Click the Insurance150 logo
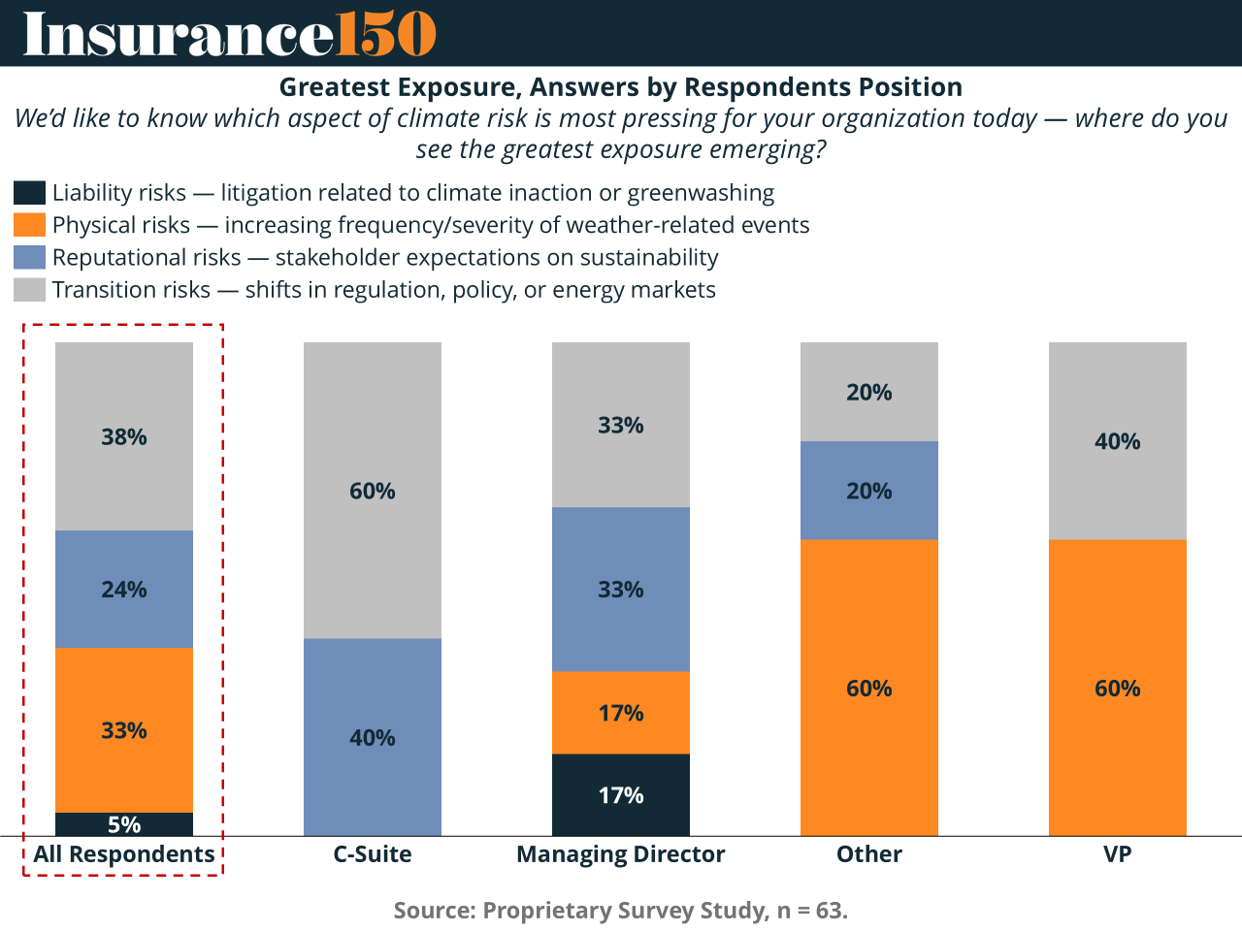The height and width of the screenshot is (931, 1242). [x=229, y=34]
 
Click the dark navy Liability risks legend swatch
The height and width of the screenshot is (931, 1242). [x=29, y=193]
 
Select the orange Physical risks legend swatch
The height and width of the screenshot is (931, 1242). [x=29, y=225]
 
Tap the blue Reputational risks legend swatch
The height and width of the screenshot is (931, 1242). [x=29, y=257]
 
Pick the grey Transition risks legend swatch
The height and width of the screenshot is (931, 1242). [x=29, y=289]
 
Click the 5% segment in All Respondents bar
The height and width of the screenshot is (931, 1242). [x=124, y=824]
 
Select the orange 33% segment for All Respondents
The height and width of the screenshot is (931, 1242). [x=124, y=729]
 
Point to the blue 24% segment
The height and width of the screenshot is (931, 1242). [x=124, y=589]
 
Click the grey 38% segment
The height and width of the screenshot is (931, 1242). [x=124, y=436]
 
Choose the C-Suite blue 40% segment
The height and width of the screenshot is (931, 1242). [x=373, y=737]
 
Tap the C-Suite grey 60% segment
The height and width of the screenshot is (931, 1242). [x=373, y=490]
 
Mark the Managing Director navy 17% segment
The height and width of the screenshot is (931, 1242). [x=621, y=795]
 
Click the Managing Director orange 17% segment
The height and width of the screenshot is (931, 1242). [x=621, y=713]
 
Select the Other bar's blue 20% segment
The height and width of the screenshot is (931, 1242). [x=869, y=490]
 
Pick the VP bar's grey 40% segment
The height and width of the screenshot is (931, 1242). [x=1118, y=441]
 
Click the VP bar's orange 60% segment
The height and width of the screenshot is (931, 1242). [x=1118, y=688]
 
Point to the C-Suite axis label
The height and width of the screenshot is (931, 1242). [x=373, y=854]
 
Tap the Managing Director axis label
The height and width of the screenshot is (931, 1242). [x=621, y=854]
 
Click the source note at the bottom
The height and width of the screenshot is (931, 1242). [x=621, y=911]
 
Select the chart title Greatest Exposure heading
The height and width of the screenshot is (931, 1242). [x=621, y=87]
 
